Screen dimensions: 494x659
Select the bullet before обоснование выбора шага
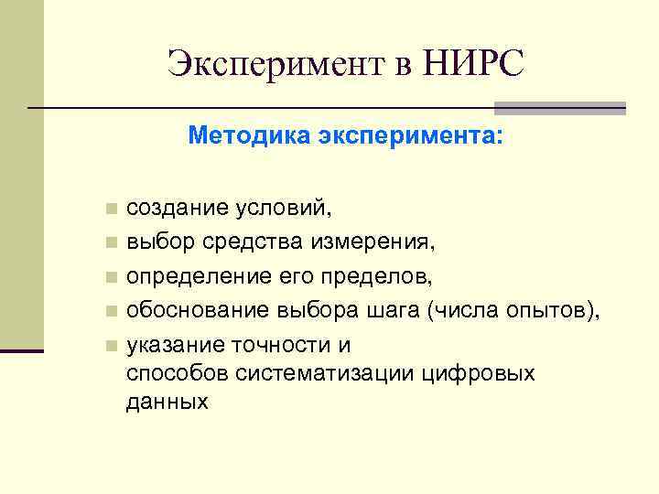111,311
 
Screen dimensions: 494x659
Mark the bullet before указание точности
111,346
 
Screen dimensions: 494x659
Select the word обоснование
197,311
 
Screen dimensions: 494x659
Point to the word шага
394,311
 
